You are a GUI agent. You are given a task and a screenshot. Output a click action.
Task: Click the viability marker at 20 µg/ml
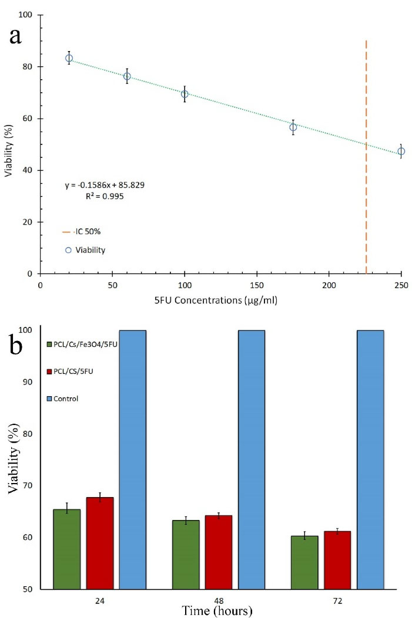pos(69,58)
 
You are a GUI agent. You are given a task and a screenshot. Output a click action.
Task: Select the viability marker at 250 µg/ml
pos(401,151)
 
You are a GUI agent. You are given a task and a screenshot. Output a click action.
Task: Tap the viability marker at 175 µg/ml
pos(293,127)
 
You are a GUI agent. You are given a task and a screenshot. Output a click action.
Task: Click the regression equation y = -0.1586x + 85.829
pos(105,185)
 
